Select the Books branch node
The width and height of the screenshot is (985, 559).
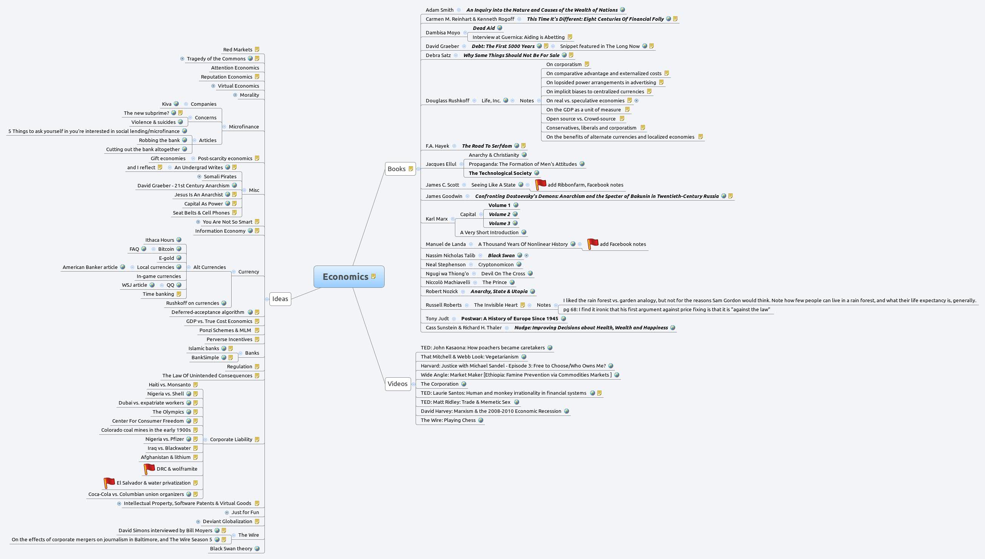397,169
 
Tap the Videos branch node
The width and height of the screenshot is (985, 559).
397,384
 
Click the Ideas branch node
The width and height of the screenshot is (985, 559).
280,299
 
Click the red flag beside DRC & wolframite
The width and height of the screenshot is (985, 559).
149,469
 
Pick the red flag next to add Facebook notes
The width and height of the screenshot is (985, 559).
592,244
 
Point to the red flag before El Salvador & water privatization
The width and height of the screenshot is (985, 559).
109,483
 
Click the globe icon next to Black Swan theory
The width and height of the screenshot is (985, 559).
257,549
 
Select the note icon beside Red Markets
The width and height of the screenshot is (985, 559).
257,49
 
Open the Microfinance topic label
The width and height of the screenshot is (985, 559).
244,127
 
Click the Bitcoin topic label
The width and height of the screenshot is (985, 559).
166,249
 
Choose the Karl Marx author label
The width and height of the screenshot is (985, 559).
437,219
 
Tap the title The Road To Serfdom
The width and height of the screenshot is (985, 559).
487,146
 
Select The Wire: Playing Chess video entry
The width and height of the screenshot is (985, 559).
448,420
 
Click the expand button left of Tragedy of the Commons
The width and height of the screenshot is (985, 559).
182,59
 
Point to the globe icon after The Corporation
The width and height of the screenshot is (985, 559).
464,384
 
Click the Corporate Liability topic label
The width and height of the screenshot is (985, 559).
231,440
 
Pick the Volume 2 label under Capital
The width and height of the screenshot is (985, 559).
499,214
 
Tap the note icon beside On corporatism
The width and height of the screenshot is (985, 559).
587,65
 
